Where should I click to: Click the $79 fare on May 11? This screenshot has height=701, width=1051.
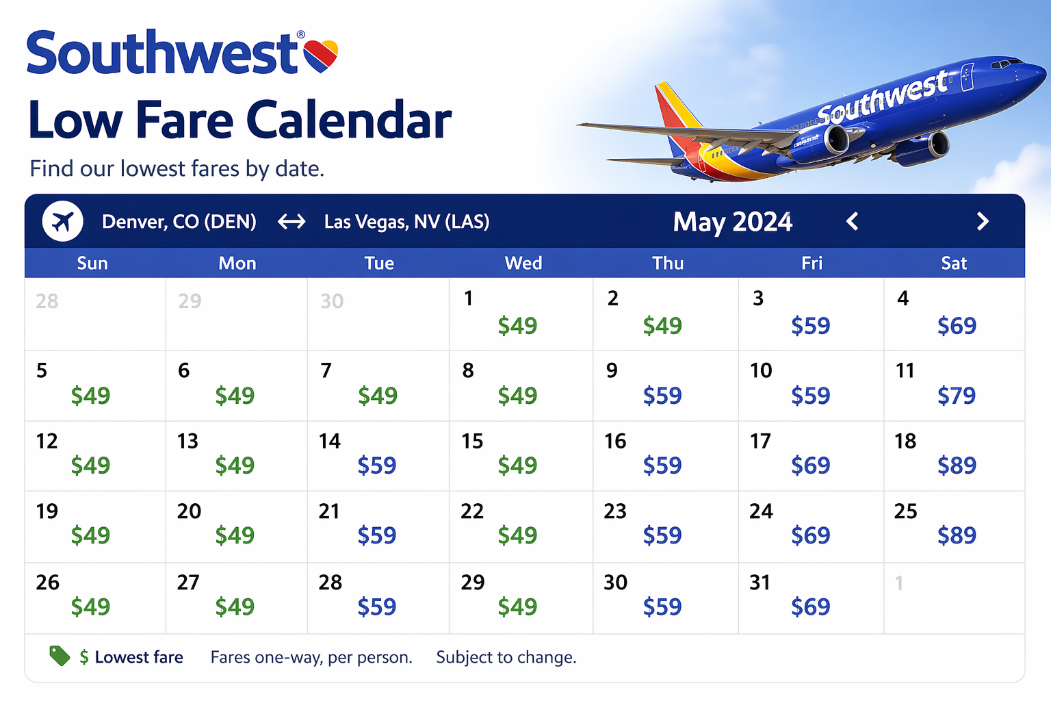957,396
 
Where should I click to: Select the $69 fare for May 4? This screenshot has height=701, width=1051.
957,326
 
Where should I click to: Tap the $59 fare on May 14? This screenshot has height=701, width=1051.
377,466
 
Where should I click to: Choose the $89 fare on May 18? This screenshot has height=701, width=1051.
957,466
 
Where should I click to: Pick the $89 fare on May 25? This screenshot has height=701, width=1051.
957,535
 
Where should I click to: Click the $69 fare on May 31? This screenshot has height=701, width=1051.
811,607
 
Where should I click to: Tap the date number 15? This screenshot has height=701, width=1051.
472,442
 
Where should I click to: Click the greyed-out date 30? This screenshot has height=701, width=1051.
332,301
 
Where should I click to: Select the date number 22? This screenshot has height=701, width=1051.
472,511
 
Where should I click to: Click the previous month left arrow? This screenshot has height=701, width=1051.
852,222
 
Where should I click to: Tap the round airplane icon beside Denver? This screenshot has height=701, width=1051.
63,222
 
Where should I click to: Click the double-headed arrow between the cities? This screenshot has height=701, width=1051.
291,222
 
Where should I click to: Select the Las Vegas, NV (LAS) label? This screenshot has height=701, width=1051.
406,222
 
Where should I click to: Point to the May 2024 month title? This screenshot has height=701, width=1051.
732,222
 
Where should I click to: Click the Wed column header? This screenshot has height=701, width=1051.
523,264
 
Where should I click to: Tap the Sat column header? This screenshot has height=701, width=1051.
954,264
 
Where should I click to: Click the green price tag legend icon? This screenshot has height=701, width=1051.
60,656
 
